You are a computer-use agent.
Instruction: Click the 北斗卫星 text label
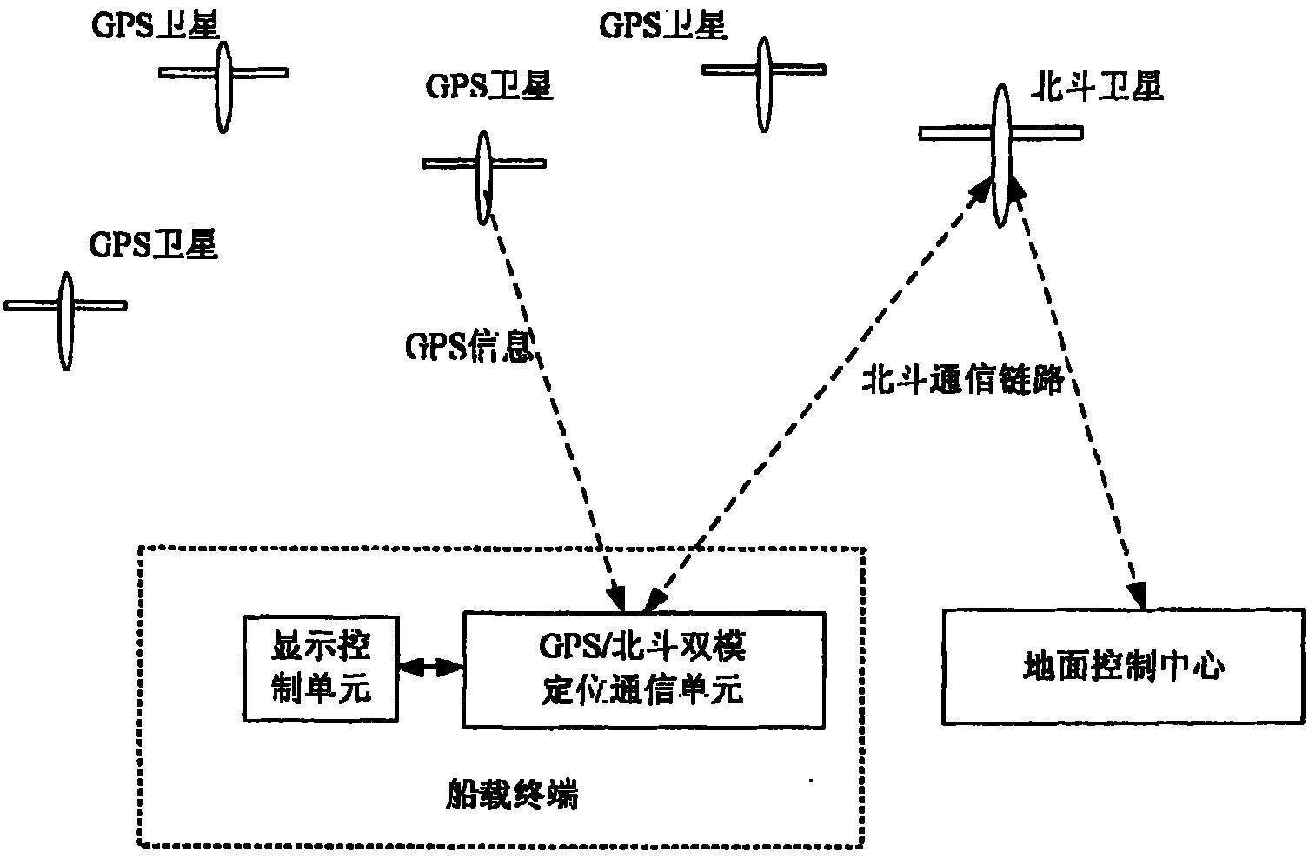coord(1096,87)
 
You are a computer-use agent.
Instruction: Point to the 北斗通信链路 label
coord(962,380)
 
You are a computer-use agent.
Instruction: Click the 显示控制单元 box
coord(321,669)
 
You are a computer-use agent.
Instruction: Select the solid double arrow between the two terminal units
coord(430,668)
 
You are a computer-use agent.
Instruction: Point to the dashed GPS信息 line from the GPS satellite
coord(548,391)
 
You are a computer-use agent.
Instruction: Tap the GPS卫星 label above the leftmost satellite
coord(153,244)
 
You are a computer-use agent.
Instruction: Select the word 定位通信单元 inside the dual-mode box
coord(643,691)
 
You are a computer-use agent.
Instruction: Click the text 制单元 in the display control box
coord(321,689)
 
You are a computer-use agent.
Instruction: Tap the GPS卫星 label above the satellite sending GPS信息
coord(488,86)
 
